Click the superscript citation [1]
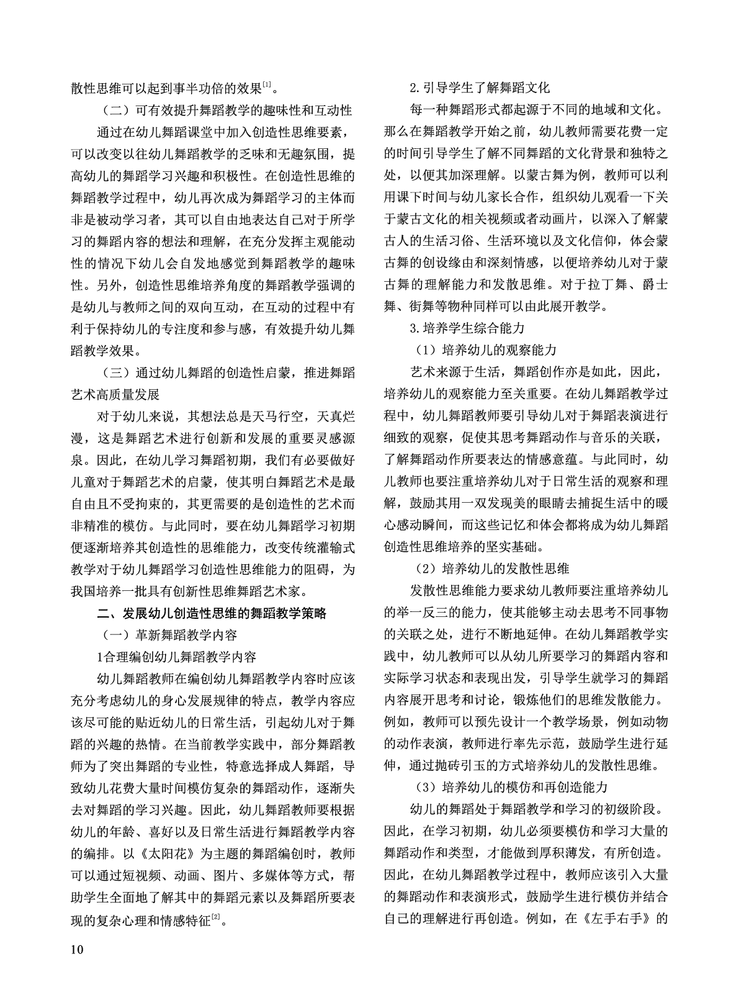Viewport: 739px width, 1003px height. tap(265, 84)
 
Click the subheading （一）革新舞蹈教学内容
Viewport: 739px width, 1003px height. tap(170, 635)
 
